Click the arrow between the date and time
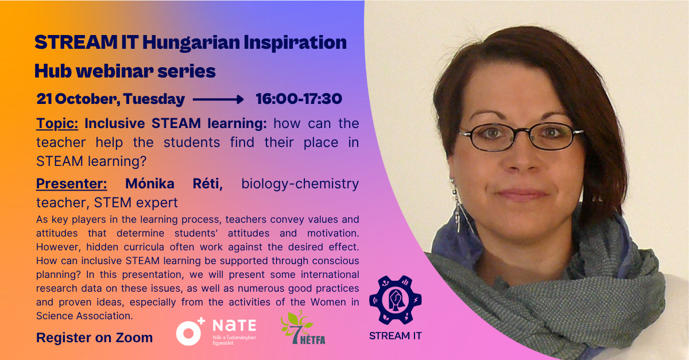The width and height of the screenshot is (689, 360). coord(218,99)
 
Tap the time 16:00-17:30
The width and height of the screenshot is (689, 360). coord(299,99)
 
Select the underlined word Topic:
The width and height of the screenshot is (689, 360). coord(57,123)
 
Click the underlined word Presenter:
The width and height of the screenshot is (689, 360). coord(72,184)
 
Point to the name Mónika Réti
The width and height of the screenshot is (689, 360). coord(174,184)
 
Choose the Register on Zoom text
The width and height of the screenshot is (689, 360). coord(94,338)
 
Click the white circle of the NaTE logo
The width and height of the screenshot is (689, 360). coord(188,333)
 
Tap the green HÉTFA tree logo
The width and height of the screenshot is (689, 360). coord(303,327)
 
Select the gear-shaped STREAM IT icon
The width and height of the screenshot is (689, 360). coord(396,300)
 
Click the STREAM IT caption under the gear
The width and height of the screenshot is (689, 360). coord(395,336)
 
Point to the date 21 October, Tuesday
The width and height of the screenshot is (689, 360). coord(110,99)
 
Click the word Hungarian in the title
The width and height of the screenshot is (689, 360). coord(191,43)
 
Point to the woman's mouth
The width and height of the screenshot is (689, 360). coord(521,195)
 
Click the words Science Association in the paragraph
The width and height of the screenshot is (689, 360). coord(84,316)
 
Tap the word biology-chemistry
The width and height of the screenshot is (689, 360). coord(300,184)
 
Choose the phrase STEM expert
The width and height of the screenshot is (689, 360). coord(136,203)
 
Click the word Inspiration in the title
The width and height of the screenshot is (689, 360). coord(295,43)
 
